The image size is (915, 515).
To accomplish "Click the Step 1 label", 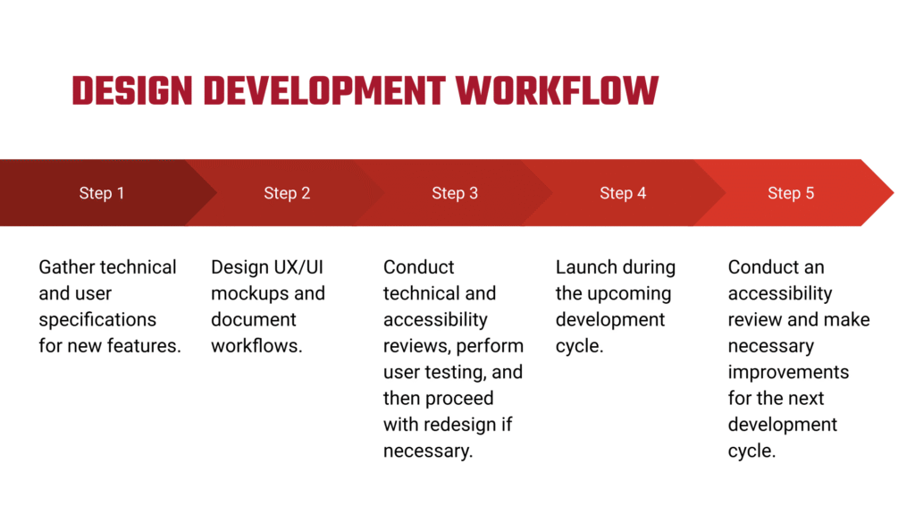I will [102, 193].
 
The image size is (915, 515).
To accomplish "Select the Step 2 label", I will [287, 193].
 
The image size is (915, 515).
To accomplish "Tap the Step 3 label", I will [455, 193].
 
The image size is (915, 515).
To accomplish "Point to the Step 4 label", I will [623, 193].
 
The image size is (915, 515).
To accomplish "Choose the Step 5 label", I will [791, 193].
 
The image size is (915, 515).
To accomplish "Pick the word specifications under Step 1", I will [97, 320].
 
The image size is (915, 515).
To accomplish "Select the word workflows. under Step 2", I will [256, 346].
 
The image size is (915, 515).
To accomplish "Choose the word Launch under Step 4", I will [586, 267].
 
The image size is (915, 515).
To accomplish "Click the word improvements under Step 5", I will [788, 372].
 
